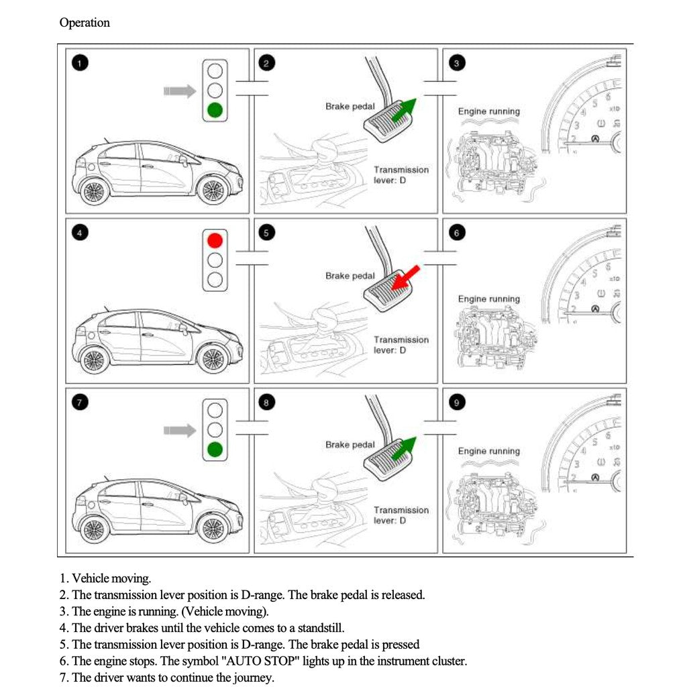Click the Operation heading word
[x=85, y=23]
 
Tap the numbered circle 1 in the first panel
[x=80, y=64]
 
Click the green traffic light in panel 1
[x=215, y=109]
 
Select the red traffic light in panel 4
[x=215, y=240]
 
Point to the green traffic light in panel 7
[x=215, y=449]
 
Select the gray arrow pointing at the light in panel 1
[x=179, y=90]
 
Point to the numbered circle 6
[x=457, y=233]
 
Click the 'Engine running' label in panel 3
[x=488, y=111]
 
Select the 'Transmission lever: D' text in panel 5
[x=401, y=345]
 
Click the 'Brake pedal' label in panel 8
[x=350, y=445]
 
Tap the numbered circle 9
[x=457, y=403]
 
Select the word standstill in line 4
[x=321, y=628]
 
